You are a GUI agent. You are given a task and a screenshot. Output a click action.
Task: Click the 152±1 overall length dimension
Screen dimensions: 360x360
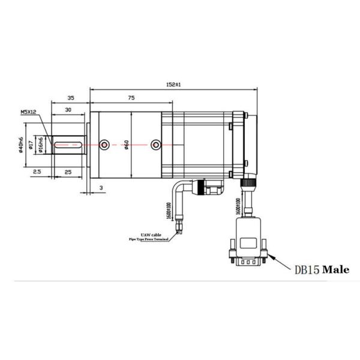pos(174,85)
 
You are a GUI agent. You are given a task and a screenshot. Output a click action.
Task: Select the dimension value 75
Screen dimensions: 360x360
pos(130,97)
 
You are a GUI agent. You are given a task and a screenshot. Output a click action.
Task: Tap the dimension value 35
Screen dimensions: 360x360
pos(70,97)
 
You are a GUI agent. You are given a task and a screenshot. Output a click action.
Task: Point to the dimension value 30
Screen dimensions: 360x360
pos(70,110)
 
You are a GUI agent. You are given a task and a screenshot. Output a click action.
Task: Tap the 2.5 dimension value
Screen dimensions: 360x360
pos(37,172)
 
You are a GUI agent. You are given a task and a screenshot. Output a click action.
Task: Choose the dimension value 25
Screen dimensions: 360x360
pos(68,172)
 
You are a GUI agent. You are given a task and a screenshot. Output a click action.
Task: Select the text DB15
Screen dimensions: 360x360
pos(307,269)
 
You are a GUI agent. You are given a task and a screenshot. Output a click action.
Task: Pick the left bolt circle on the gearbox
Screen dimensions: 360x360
pos(105,144)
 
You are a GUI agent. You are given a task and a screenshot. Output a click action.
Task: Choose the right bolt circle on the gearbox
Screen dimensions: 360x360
pos(156,144)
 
